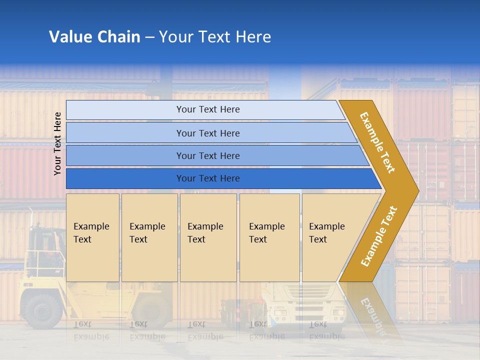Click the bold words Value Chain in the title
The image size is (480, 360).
click(94, 37)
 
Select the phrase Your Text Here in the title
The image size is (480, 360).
click(215, 37)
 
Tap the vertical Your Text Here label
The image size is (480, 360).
click(57, 143)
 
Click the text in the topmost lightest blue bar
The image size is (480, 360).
click(208, 109)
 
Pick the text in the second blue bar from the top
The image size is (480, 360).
click(208, 133)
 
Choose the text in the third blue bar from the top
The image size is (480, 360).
click(208, 156)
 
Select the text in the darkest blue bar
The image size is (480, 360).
click(208, 178)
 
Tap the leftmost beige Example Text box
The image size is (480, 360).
click(92, 237)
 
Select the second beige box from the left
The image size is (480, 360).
click(149, 237)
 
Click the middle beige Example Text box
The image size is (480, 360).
click(208, 237)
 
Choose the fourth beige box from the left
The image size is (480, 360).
click(269, 237)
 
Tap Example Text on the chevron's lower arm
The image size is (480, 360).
click(378, 236)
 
